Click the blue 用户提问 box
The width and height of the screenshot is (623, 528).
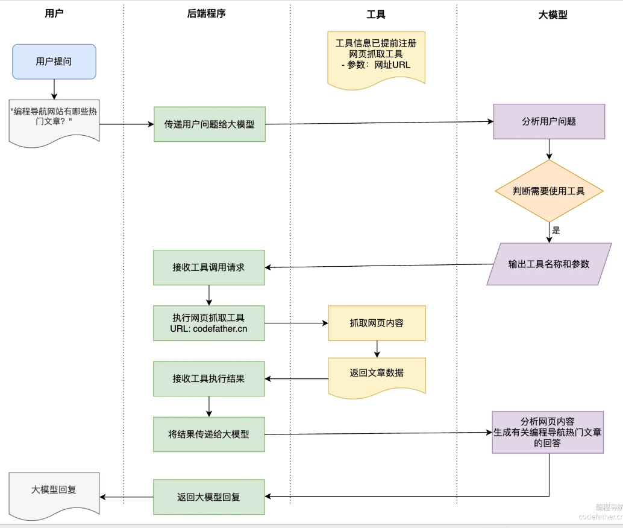point(54,62)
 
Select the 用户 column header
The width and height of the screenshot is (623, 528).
point(54,13)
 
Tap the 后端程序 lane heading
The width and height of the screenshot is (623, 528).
point(206,13)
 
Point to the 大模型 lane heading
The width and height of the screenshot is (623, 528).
point(553,14)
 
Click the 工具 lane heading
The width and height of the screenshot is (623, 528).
point(376,14)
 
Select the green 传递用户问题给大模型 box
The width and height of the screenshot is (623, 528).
point(210,124)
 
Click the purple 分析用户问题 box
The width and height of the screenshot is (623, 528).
point(549,121)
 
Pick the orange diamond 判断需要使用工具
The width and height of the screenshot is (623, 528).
point(549,191)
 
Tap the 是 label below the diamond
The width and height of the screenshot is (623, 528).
point(556,231)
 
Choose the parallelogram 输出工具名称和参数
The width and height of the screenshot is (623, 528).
point(549,264)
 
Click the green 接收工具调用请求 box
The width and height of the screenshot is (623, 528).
point(209,267)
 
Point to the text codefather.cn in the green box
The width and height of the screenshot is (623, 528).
point(220,329)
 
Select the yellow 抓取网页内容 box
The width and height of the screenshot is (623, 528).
point(377,323)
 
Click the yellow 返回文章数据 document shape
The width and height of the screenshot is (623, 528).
point(377,377)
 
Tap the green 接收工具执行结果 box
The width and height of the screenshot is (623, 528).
point(209,379)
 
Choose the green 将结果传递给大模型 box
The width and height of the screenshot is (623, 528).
point(209,434)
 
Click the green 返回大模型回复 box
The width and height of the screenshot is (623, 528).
point(209,497)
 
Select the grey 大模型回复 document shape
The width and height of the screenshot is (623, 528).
point(54,494)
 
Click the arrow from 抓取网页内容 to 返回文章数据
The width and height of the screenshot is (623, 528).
point(377,349)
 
